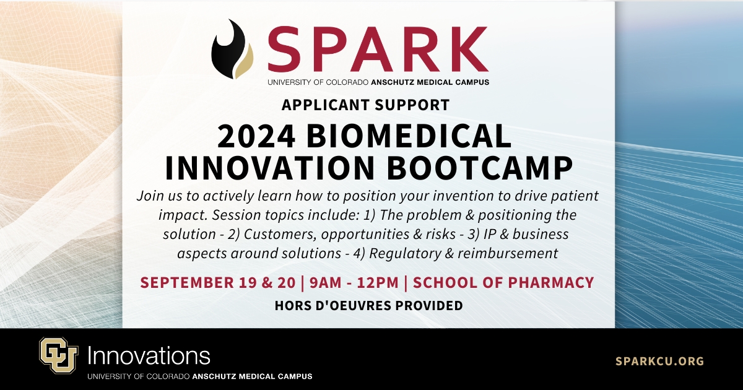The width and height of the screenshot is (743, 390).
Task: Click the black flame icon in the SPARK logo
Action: [230, 50]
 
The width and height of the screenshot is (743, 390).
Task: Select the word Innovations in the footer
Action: [149, 356]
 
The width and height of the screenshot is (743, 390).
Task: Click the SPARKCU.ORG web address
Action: [659, 361]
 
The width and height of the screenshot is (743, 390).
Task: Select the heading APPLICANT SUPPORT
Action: [365, 105]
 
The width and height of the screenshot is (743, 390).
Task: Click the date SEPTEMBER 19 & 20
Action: [217, 283]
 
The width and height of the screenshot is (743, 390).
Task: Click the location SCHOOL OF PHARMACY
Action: [503, 283]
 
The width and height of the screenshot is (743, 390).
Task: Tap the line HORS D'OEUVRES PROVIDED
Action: [369, 305]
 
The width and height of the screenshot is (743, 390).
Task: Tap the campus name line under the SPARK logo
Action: [378, 82]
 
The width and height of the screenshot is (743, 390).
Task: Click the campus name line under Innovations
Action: [199, 376]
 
